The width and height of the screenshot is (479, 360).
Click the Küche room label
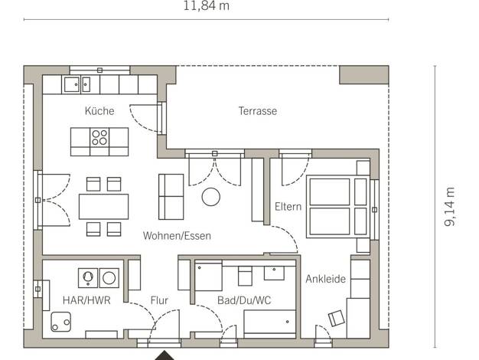99,111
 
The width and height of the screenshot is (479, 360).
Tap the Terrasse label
258,111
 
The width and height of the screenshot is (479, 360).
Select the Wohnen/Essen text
177,236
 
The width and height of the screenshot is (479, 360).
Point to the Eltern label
288,207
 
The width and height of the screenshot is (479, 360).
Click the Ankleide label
326,279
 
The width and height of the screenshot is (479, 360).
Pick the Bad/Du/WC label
244,300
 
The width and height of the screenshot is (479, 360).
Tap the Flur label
159,300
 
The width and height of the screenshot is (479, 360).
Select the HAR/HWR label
86,300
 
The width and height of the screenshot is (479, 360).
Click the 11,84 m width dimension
206,6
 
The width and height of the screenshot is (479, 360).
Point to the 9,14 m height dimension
450,207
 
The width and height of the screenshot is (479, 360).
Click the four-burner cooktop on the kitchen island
99,137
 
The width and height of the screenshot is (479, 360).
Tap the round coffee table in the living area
210,197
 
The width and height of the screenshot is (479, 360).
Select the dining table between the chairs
103,207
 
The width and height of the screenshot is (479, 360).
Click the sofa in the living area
171,197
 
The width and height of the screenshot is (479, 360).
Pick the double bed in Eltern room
338,207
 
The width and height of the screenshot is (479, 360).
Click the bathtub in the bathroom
270,322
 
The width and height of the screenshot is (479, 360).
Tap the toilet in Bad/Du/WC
245,276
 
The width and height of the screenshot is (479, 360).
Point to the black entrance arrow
165,355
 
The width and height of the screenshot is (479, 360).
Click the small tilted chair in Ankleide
337,318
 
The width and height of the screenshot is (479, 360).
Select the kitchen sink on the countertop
76,85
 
